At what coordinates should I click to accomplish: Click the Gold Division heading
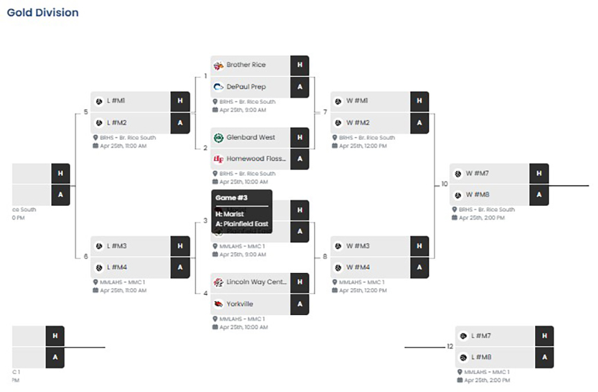[x=43, y=12]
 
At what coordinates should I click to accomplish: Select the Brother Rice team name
[x=246, y=65]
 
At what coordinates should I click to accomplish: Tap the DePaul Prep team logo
[x=218, y=87]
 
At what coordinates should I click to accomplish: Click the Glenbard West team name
[x=250, y=137]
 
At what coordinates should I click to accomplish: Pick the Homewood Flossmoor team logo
[x=218, y=159]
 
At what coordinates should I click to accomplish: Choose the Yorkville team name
[x=239, y=304]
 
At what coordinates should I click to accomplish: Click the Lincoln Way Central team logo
[x=218, y=283]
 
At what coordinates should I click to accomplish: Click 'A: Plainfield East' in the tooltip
[x=242, y=224]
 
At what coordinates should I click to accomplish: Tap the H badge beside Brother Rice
[x=300, y=65]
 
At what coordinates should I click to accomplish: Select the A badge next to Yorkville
[x=300, y=304]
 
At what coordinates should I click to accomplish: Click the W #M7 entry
[x=478, y=173]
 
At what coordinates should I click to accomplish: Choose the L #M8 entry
[x=482, y=357]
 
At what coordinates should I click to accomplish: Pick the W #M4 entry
[x=357, y=267]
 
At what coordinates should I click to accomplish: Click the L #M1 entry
[x=115, y=101]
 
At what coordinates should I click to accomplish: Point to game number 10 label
[x=444, y=184]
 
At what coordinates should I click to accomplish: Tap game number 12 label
[x=450, y=346]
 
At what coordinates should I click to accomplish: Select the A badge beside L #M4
[x=180, y=267]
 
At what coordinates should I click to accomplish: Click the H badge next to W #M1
[x=419, y=101]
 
